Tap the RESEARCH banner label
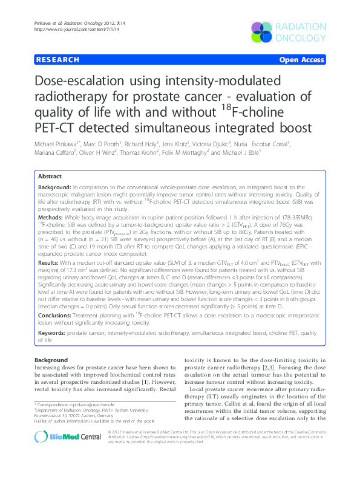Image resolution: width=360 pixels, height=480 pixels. pyautogui.click(x=57, y=60)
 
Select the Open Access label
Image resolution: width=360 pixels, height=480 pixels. pyautogui.click(x=301, y=60)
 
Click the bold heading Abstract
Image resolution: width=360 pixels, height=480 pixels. pyautogui.click(x=50, y=177)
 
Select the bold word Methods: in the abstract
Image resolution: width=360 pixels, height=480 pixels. pyautogui.click(x=50, y=216)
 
